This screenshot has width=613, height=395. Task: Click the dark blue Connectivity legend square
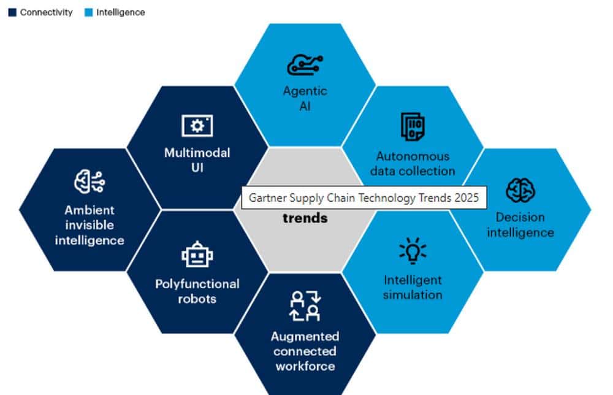pyautogui.click(x=12, y=12)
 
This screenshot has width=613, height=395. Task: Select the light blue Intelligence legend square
pyautogui.click(x=89, y=12)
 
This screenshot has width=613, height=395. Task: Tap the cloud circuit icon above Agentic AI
pyautogui.click(x=305, y=65)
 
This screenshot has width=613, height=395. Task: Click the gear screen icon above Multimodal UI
pyautogui.click(x=197, y=126)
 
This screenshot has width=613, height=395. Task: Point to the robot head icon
pyautogui.click(x=197, y=254)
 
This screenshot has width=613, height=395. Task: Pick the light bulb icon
pyautogui.click(x=413, y=250)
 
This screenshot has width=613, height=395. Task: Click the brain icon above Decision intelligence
pyautogui.click(x=520, y=190)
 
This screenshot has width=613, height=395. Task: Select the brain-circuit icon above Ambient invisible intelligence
pyautogui.click(x=89, y=182)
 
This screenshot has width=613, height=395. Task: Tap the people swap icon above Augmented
pyautogui.click(x=305, y=306)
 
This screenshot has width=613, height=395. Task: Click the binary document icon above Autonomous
pyautogui.click(x=413, y=126)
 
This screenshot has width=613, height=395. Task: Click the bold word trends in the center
pyautogui.click(x=305, y=218)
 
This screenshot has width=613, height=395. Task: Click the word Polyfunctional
pyautogui.click(x=197, y=284)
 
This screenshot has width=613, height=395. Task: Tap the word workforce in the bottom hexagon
pyautogui.click(x=305, y=366)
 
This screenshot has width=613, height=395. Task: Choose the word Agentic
pyautogui.click(x=305, y=91)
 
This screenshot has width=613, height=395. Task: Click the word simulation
pyautogui.click(x=413, y=295)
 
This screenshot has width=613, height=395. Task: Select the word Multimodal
pyautogui.click(x=197, y=153)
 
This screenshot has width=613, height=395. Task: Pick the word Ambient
pyautogui.click(x=89, y=210)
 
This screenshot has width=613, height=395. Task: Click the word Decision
pyautogui.click(x=520, y=218)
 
